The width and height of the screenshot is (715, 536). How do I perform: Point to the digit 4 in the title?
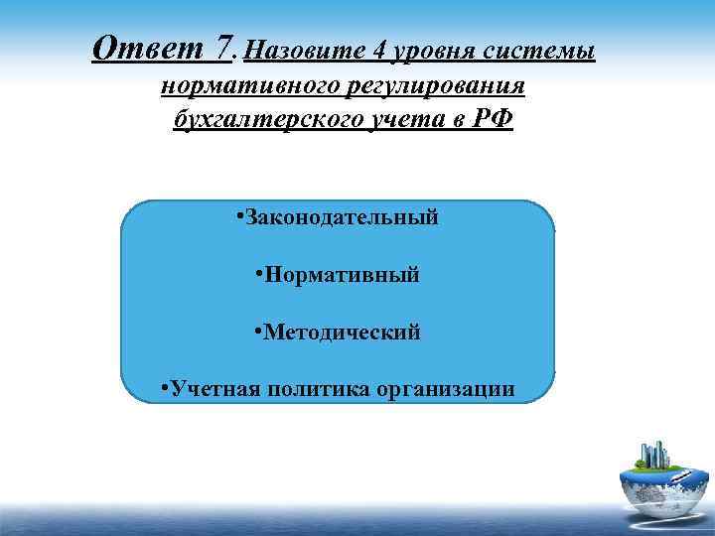[349, 49]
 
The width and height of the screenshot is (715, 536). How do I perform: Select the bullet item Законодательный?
[342, 216]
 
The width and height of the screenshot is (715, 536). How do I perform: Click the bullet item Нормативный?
[342, 273]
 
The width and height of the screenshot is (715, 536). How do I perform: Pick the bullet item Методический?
[342, 331]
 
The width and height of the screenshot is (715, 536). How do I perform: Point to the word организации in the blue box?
[446, 387]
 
